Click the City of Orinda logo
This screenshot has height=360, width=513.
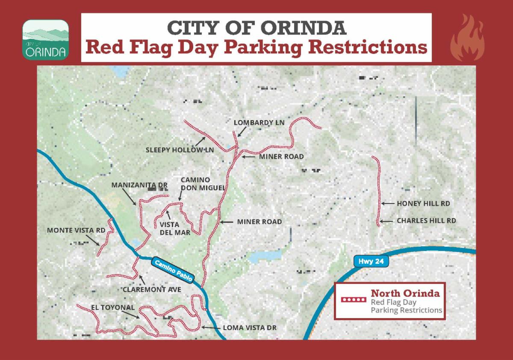click(45, 39)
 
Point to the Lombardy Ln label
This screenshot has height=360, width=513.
click(259, 123)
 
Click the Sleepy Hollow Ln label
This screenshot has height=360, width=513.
click(180, 150)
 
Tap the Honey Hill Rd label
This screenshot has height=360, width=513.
click(424, 204)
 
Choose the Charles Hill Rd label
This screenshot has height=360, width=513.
click(426, 221)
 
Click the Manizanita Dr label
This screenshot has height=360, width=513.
click(139, 185)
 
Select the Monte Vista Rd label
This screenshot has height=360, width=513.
click(76, 230)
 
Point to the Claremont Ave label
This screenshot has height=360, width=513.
click(152, 289)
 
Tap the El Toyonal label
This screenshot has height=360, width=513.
click(112, 307)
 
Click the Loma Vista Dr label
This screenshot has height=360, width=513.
click(250, 328)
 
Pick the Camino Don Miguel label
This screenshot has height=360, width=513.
click(198, 184)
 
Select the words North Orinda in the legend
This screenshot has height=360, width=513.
click(405, 293)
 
